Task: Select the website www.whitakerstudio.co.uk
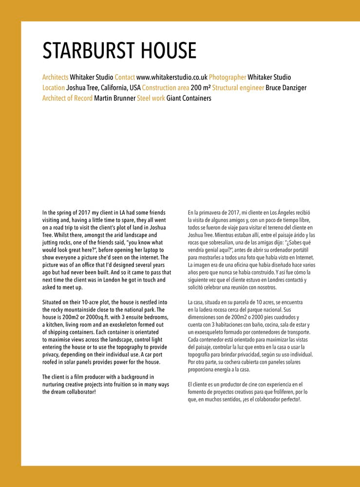coord(172,77)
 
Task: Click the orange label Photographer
coord(227,77)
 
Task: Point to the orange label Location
coord(54,88)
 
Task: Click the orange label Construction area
coord(166,88)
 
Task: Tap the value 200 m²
coord(201,88)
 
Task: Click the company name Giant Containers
coord(189,98)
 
